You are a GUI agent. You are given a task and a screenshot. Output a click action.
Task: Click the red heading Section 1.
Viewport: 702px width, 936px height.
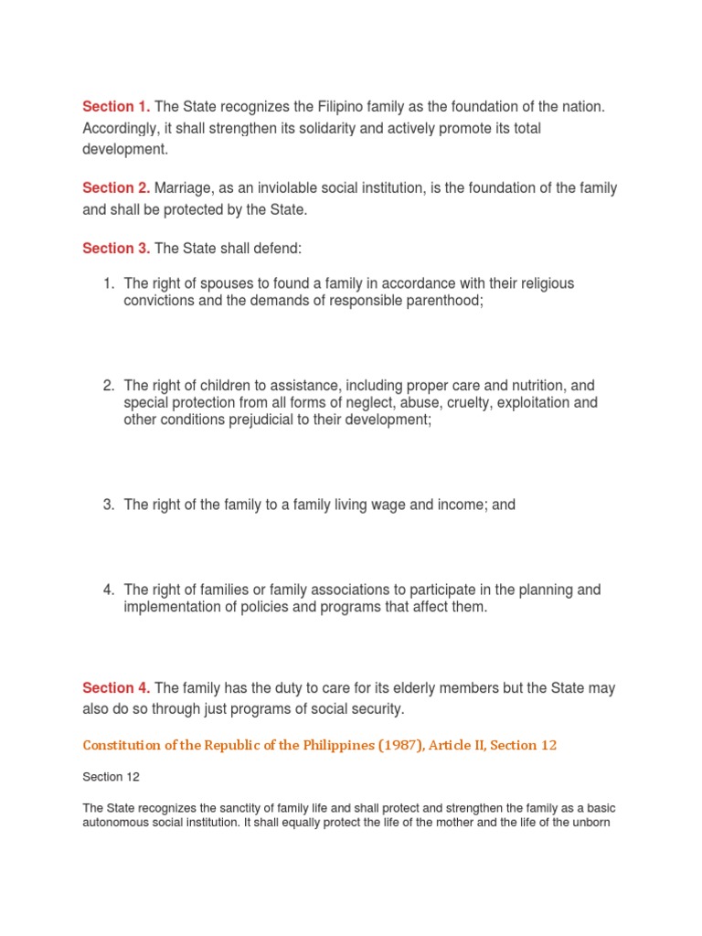pos(116,107)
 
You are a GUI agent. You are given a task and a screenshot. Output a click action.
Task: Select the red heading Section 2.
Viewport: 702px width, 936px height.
pos(116,187)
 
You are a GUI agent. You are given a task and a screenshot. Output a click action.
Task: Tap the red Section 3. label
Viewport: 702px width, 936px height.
pos(116,248)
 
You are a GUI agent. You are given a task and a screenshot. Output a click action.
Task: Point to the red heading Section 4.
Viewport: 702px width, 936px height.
pos(116,687)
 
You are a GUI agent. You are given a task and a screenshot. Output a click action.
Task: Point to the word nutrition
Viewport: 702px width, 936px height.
pos(527,386)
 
